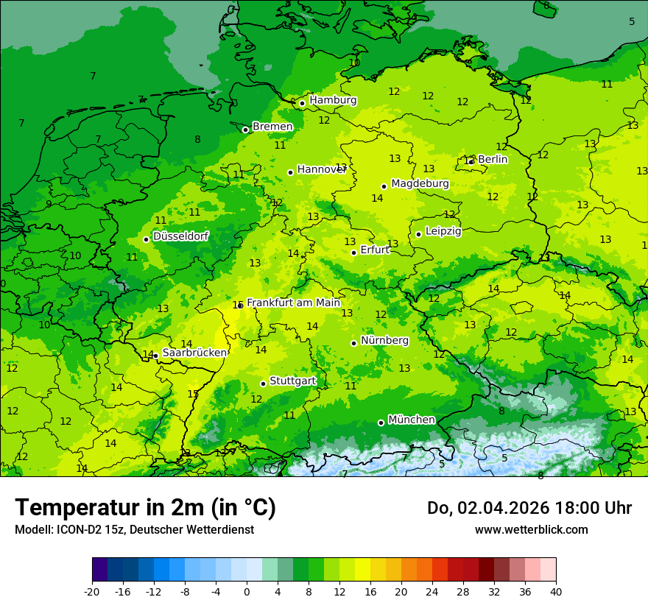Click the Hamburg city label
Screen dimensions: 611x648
[333, 100]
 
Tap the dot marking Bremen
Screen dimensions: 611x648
[245, 130]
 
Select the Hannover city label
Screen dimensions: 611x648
[321, 169]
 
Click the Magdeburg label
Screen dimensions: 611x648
[420, 183]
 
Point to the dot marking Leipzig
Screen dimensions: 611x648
[418, 234]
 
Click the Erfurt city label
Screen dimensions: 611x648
[375, 250]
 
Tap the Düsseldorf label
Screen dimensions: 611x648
[180, 236]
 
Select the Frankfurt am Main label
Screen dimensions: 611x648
[293, 303]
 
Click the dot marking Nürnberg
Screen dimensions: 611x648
[353, 343]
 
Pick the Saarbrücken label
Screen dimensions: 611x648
[194, 353]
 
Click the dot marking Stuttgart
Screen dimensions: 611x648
[263, 384]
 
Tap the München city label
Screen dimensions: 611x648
[411, 420]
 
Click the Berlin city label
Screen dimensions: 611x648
[493, 159]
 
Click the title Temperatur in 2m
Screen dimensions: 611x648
[145, 507]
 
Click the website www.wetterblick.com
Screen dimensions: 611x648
[531, 529]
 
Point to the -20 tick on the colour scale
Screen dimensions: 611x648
[92, 591]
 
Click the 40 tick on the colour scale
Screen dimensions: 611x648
[556, 591]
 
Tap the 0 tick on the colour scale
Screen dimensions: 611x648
[247, 591]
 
